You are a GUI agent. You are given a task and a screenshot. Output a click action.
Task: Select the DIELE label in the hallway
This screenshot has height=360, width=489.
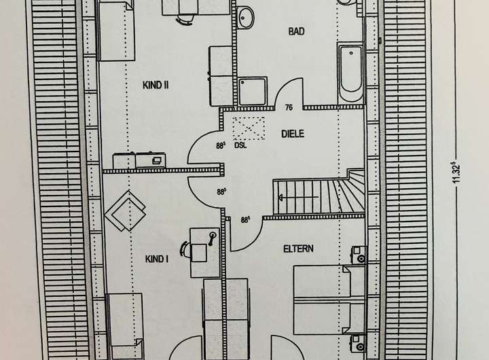[293, 134]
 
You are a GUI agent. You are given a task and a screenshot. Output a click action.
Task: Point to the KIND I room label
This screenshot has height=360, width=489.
[157, 259]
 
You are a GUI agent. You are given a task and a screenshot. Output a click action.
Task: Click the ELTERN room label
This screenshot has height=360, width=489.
[298, 249]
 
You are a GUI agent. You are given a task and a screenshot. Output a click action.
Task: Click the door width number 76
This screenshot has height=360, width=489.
[289, 107]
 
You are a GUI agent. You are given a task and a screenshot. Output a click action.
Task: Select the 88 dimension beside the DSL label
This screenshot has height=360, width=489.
[220, 144]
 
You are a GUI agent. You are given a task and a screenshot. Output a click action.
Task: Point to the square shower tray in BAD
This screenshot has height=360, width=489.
[252, 91]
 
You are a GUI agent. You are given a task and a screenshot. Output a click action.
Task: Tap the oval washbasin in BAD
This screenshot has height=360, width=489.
[245, 16]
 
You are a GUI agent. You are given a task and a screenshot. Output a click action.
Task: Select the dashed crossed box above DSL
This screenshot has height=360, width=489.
[248, 128]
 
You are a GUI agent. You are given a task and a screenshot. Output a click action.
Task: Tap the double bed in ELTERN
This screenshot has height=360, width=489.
[329, 300]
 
